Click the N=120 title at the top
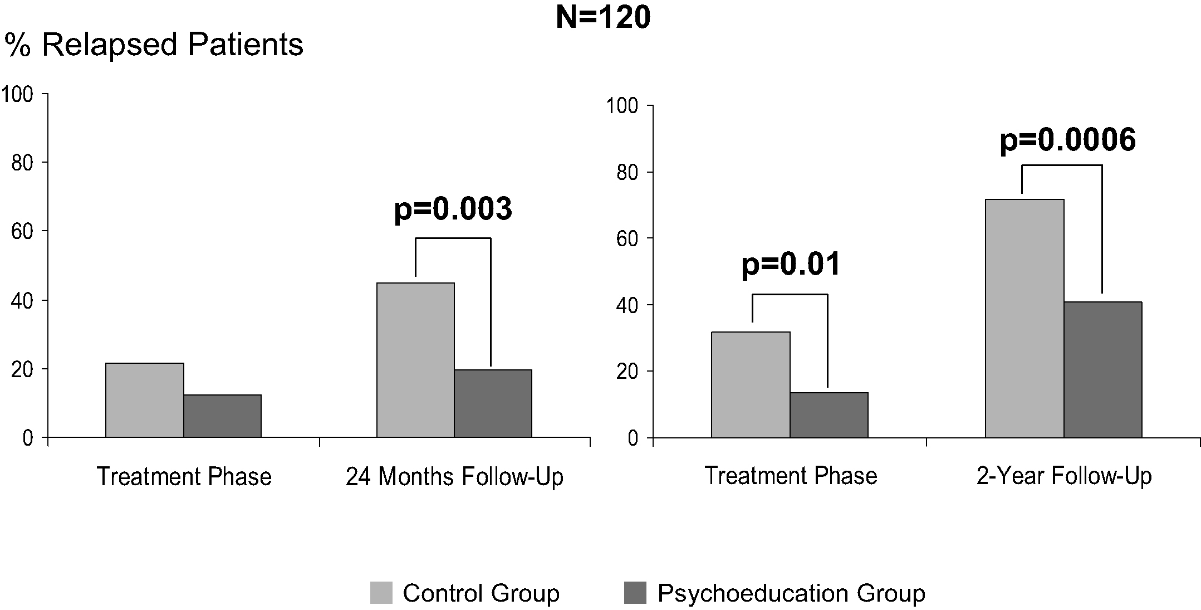(603, 17)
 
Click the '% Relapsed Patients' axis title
(154, 45)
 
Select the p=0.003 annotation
(453, 209)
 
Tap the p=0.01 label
(790, 265)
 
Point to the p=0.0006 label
(1067, 140)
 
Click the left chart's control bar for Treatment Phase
(144, 400)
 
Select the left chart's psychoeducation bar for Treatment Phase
(222, 416)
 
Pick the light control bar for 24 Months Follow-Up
(415, 360)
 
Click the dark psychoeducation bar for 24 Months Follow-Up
(493, 403)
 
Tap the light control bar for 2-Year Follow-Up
(1024, 318)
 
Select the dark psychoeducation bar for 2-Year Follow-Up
(1102, 369)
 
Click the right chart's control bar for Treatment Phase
(751, 384)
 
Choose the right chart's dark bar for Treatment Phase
(829, 415)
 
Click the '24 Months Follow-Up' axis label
(454, 477)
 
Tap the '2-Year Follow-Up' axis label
(1063, 476)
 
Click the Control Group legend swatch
(381, 593)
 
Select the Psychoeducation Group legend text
(791, 593)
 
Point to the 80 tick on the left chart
(22, 163)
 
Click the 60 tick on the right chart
(626, 238)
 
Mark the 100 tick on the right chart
(622, 106)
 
